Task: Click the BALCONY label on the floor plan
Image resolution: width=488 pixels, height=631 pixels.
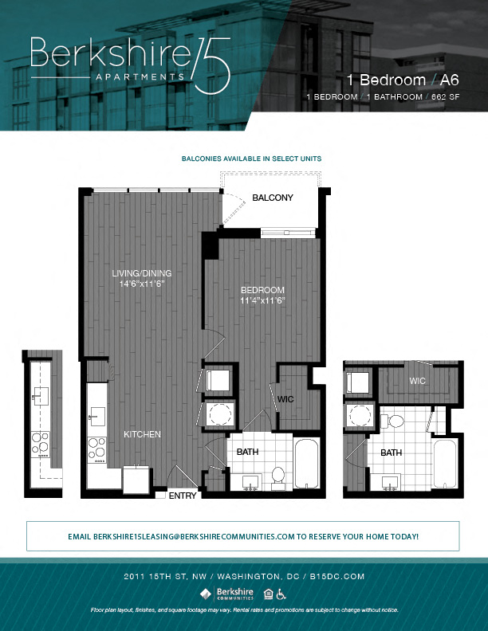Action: coord(273,198)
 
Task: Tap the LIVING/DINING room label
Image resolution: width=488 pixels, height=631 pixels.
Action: coord(141,273)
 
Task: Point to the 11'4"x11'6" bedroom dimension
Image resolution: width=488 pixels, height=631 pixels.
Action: coord(262,301)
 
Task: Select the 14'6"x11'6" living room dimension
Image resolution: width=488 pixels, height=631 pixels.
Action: coord(141,284)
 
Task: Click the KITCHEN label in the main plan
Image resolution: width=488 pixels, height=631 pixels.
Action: coord(142,434)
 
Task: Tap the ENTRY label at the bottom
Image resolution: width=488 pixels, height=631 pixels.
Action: coord(183,496)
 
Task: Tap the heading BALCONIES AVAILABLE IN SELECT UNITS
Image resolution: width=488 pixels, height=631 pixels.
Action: coord(251,159)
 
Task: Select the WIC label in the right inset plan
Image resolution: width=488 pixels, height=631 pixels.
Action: coord(417,381)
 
